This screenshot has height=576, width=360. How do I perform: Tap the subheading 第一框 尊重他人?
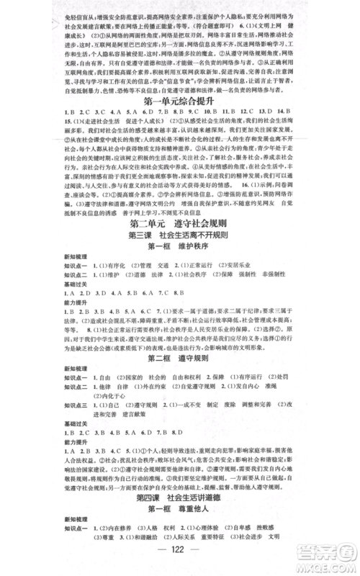[x=179, y=509]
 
